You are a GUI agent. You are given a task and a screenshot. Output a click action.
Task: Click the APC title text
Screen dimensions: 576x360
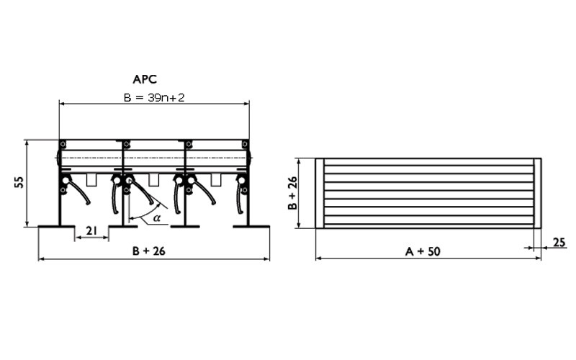click(x=145, y=79)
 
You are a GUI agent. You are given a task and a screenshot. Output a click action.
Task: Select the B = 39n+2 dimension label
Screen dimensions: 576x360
click(x=154, y=98)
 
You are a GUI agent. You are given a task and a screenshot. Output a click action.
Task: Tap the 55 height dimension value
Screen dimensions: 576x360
click(x=19, y=183)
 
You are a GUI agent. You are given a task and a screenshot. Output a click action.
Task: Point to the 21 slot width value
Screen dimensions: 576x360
click(x=91, y=230)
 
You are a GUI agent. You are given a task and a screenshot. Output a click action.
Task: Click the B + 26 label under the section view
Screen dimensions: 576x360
click(x=149, y=251)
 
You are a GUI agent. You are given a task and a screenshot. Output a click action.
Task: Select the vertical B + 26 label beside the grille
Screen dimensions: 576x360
click(x=292, y=193)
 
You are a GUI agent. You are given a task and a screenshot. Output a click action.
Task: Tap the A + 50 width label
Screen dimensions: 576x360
click(x=423, y=251)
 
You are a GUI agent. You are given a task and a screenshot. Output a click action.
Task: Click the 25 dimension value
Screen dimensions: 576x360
click(x=559, y=243)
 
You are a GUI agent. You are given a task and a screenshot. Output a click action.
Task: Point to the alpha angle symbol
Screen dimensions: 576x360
click(x=157, y=218)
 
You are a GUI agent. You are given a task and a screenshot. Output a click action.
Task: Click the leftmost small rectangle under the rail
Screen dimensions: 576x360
click(x=91, y=179)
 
